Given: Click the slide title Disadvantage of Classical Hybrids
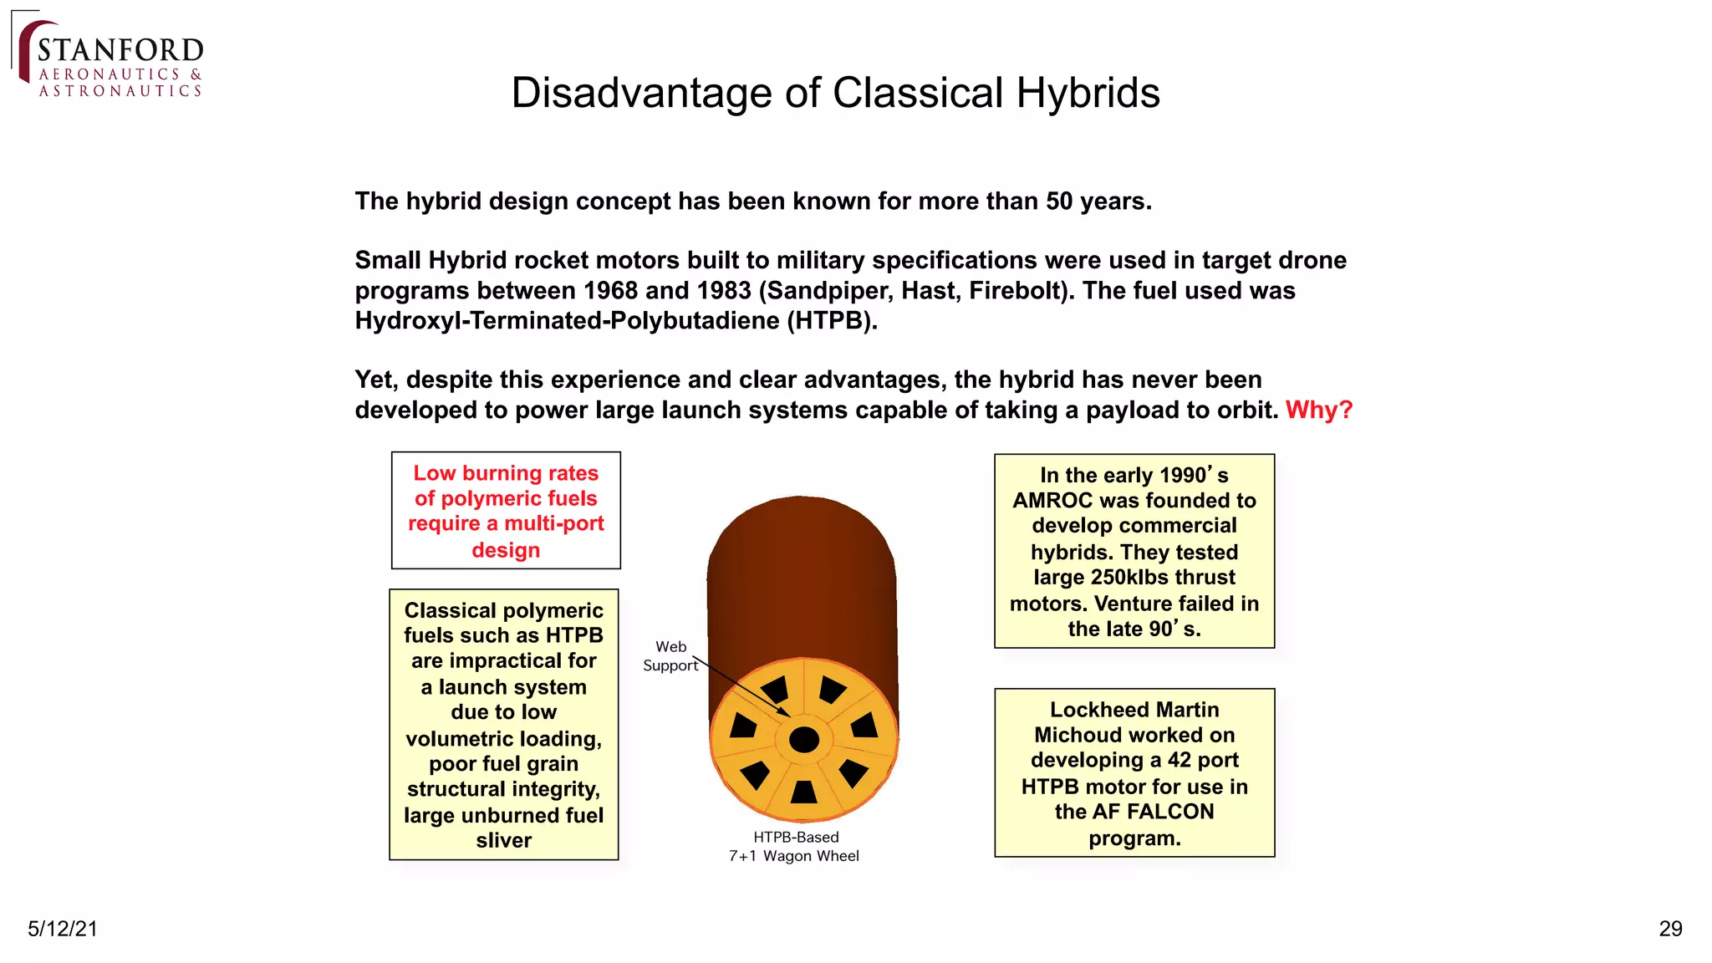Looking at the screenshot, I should (835, 93).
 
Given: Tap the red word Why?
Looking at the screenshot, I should (1318, 410).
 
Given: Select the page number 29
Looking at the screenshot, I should (1669, 929).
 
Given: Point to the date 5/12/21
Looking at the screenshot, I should (63, 929).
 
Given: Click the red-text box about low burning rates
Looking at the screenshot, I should (506, 511).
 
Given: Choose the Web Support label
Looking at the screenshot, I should (670, 656).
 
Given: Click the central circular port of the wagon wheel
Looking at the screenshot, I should (803, 740).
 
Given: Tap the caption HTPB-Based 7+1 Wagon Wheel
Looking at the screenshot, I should (794, 846).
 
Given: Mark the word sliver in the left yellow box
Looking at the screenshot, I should (503, 840).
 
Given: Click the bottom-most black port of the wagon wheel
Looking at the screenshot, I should (803, 792).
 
